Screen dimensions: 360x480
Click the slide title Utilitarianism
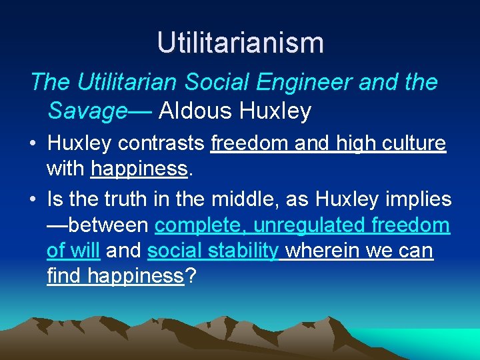tap(240, 43)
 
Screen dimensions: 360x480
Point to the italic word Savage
tap(87, 111)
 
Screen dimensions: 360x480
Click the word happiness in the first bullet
tap(139, 169)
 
